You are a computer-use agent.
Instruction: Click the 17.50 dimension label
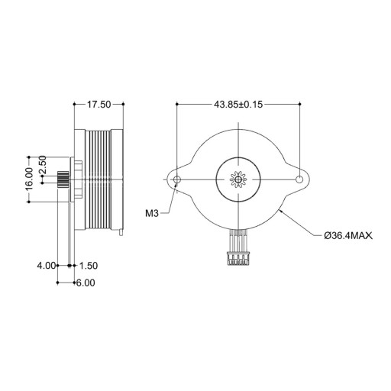point(99,105)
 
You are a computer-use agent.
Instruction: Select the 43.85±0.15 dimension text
point(238,105)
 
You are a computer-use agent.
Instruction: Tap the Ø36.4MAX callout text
point(348,236)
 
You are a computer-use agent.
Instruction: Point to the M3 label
point(152,213)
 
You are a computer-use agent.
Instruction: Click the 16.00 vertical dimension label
point(30,179)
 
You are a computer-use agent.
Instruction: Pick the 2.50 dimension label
point(42,164)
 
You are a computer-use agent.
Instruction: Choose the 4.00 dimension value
point(46,266)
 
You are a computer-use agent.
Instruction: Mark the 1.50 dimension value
point(89,266)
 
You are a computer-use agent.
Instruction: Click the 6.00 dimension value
point(86,283)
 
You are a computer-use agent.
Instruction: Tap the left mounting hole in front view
point(177,179)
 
